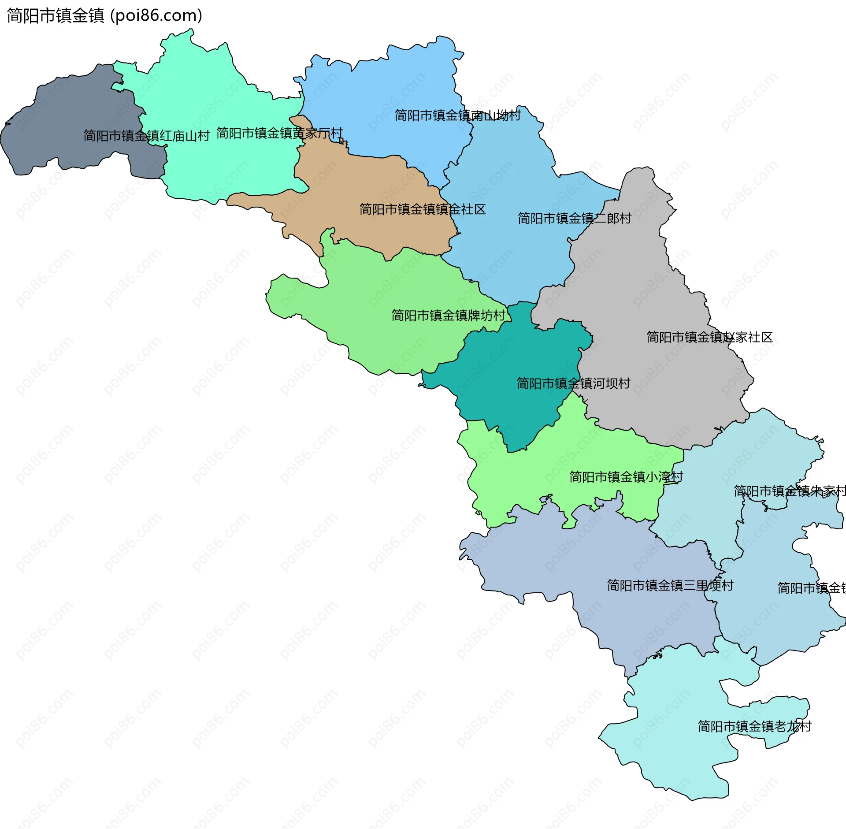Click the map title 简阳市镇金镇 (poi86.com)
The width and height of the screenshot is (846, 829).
pyautogui.click(x=104, y=15)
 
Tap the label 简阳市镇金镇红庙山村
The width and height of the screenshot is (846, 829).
pyautogui.click(x=146, y=136)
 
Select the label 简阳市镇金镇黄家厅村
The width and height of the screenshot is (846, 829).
pyautogui.click(x=279, y=133)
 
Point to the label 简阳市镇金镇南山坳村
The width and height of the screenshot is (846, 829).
pyautogui.click(x=457, y=115)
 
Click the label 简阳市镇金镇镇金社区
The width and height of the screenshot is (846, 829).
pyautogui.click(x=422, y=209)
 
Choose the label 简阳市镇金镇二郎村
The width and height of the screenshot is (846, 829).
pyautogui.click(x=574, y=218)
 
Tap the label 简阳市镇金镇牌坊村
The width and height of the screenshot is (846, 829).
pyautogui.click(x=448, y=316)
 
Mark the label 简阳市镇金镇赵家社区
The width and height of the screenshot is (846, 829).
pyautogui.click(x=709, y=337)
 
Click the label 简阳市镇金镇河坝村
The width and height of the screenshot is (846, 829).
pyautogui.click(x=573, y=383)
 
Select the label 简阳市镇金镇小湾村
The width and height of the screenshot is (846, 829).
pyautogui.click(x=626, y=477)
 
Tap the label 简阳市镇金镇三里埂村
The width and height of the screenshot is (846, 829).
pyautogui.click(x=670, y=585)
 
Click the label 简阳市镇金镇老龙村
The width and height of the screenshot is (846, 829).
pyautogui.click(x=754, y=726)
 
